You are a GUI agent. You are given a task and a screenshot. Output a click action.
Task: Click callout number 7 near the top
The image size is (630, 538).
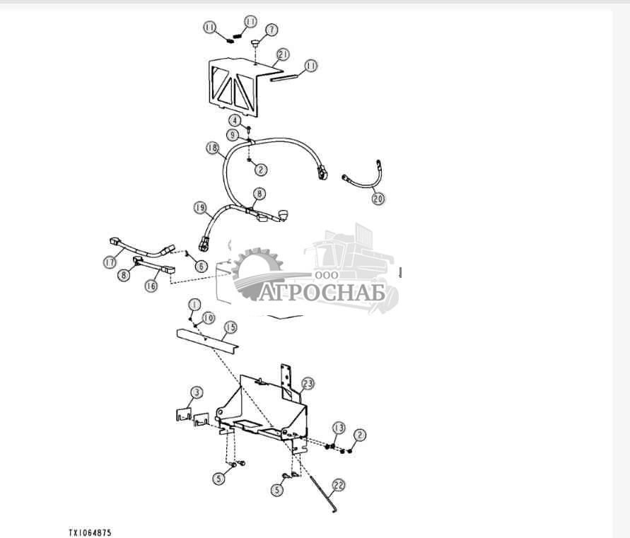click(x=272, y=30)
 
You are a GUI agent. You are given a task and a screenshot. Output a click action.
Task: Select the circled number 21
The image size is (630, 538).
click(x=284, y=54)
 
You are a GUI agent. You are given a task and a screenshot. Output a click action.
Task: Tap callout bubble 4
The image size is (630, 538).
click(x=235, y=120)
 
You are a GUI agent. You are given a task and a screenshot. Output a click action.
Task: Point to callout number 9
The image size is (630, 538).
click(x=232, y=135)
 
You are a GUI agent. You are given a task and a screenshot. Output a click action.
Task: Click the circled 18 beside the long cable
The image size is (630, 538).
click(x=213, y=148)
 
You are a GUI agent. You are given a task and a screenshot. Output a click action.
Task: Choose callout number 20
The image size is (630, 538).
click(x=378, y=199)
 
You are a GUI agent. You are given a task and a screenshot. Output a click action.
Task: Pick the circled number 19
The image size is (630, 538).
click(x=200, y=208)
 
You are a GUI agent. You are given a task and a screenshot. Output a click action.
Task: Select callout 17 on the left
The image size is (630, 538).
click(x=110, y=262)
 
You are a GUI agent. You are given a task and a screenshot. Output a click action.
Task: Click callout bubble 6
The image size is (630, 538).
click(x=202, y=266)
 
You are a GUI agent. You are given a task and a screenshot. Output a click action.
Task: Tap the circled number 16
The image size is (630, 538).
click(x=151, y=286)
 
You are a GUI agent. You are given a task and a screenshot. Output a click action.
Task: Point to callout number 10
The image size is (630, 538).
click(x=208, y=318)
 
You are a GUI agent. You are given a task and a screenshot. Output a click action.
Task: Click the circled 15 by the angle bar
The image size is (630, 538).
click(x=231, y=327)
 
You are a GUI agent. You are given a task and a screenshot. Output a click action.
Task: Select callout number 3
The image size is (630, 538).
click(x=196, y=392)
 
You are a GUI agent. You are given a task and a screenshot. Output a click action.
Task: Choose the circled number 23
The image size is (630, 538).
click(x=308, y=384)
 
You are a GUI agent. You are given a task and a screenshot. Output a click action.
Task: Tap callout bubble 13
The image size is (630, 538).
click(x=339, y=428)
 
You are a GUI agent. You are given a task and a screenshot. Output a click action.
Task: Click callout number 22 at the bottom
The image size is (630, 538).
click(x=339, y=486)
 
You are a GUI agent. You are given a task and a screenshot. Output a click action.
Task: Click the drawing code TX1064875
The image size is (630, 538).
click(x=90, y=533)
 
